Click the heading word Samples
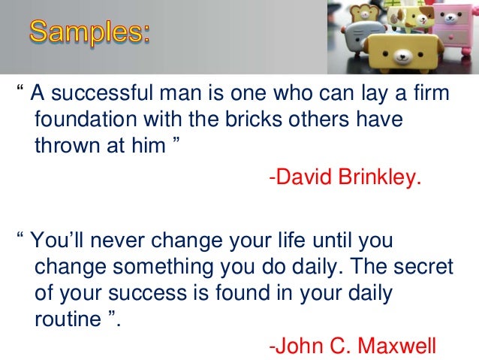click(89, 33)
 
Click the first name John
click(298, 346)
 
